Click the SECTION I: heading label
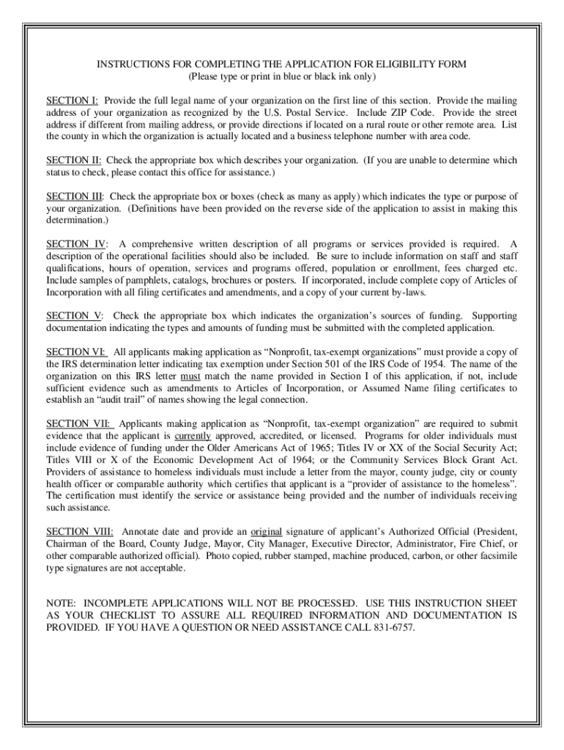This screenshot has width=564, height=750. (x=73, y=100)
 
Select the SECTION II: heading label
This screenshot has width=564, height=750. (x=73, y=160)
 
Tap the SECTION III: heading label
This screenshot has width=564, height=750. (x=75, y=196)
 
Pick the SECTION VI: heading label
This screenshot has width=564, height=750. (x=76, y=352)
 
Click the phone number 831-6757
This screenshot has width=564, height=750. (x=396, y=627)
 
